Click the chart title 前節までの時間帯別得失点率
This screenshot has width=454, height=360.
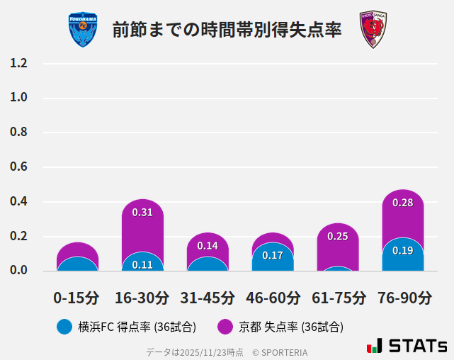coord(227,30)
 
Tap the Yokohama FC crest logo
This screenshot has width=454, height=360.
coord(83,30)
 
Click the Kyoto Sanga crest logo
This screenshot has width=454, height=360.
coord(373,30)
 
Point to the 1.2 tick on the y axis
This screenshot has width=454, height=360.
coord(18,63)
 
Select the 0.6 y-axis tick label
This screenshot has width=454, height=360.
coord(18,167)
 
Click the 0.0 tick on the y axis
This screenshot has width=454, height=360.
coord(18,270)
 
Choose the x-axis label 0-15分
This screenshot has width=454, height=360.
coord(76,298)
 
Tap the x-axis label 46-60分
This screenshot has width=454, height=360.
coord(273,298)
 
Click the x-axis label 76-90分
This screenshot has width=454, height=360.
coord(404,298)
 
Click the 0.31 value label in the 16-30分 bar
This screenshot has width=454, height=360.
coord(142,212)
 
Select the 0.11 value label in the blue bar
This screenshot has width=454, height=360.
coord(142,265)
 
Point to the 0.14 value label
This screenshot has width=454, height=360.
coord(208,246)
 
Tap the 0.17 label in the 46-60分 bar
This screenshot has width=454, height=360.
coord(273,255)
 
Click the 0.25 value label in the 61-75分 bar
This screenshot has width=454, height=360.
coord(338,236)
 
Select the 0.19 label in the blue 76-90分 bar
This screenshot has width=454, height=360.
coord(402,250)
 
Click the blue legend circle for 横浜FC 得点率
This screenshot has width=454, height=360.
coord(64,327)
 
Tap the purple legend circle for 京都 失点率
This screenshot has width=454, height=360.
coord(225,327)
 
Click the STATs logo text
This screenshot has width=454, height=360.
coord(418,346)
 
